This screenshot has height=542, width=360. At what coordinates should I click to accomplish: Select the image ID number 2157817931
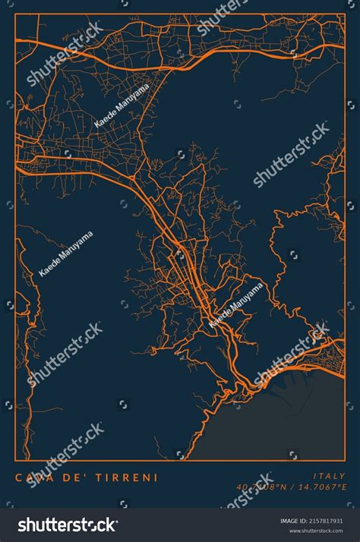[x=331, y=522]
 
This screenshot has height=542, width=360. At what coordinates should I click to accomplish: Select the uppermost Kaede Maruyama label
[x=122, y=106]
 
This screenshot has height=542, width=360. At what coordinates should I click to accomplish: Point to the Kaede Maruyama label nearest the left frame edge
[x=66, y=253]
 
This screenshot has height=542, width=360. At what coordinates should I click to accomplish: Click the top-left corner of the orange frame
[x=16, y=14]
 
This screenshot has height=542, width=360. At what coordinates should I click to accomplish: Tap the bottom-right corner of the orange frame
[x=345, y=461]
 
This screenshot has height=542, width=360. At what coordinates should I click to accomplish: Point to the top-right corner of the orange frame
[x=345, y=14]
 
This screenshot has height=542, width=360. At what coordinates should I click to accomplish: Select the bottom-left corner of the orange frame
[x=16, y=461]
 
